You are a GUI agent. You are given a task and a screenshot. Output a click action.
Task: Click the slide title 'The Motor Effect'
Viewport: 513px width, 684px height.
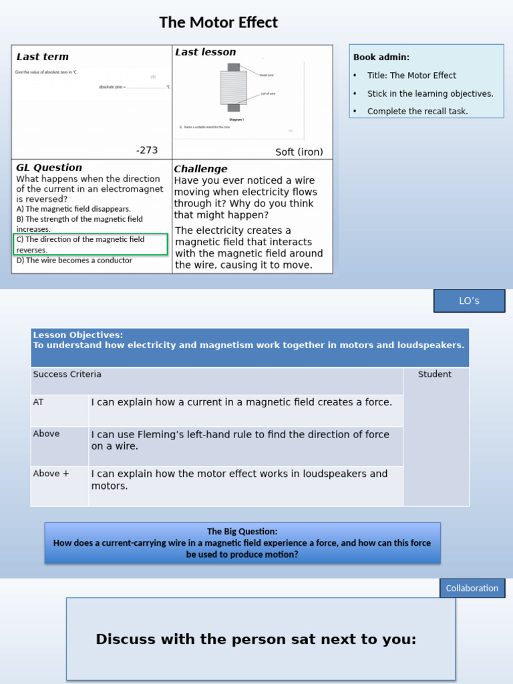point(218,23)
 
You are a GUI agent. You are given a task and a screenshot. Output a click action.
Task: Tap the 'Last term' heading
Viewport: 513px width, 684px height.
point(42,57)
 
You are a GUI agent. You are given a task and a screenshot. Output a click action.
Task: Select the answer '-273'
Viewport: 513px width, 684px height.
point(147,150)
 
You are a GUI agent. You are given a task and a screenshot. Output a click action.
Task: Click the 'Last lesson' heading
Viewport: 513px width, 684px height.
point(205,52)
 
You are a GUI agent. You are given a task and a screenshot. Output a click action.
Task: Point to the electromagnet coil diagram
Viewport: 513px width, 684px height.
point(234,88)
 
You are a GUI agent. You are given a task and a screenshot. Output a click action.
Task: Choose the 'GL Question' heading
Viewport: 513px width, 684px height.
point(49,168)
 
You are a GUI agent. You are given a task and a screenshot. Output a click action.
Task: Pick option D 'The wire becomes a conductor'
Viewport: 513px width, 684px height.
point(74,261)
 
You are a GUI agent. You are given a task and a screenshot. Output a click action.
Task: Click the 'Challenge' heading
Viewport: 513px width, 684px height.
point(200,169)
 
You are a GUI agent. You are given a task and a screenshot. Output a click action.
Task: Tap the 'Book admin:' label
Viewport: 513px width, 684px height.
point(381,57)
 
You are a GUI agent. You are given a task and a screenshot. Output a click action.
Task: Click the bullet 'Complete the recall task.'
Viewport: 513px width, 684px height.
point(417,112)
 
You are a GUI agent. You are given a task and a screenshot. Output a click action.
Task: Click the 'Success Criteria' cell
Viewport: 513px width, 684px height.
point(67,374)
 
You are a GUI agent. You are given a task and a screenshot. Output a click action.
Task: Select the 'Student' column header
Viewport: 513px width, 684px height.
point(435,374)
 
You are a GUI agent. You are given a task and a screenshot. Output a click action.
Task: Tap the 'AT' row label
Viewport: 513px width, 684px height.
point(38,402)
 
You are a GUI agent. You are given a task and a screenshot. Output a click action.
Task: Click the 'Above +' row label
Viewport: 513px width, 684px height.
point(51,474)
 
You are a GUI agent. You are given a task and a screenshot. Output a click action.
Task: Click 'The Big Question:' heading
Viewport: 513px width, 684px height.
point(242,532)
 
